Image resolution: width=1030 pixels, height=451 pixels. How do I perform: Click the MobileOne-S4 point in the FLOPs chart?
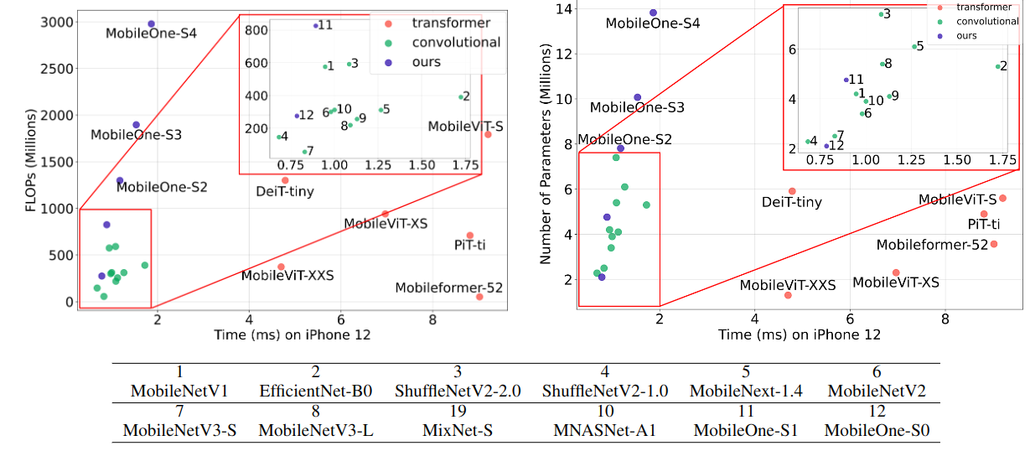(x=151, y=24)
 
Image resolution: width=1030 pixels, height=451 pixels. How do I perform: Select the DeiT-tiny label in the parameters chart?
(x=791, y=202)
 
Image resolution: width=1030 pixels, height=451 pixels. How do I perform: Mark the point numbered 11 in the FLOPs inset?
(x=315, y=26)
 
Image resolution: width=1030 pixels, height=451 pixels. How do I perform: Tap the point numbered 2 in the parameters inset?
(x=997, y=66)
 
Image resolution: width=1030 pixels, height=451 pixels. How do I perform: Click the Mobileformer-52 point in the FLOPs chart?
(x=479, y=297)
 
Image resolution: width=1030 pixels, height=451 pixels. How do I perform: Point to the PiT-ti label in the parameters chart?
(x=983, y=225)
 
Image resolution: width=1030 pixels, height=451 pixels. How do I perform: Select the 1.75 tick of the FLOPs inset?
(x=465, y=167)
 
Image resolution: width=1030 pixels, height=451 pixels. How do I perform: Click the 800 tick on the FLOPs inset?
(x=256, y=30)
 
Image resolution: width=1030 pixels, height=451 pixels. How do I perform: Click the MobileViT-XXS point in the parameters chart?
(x=788, y=295)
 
